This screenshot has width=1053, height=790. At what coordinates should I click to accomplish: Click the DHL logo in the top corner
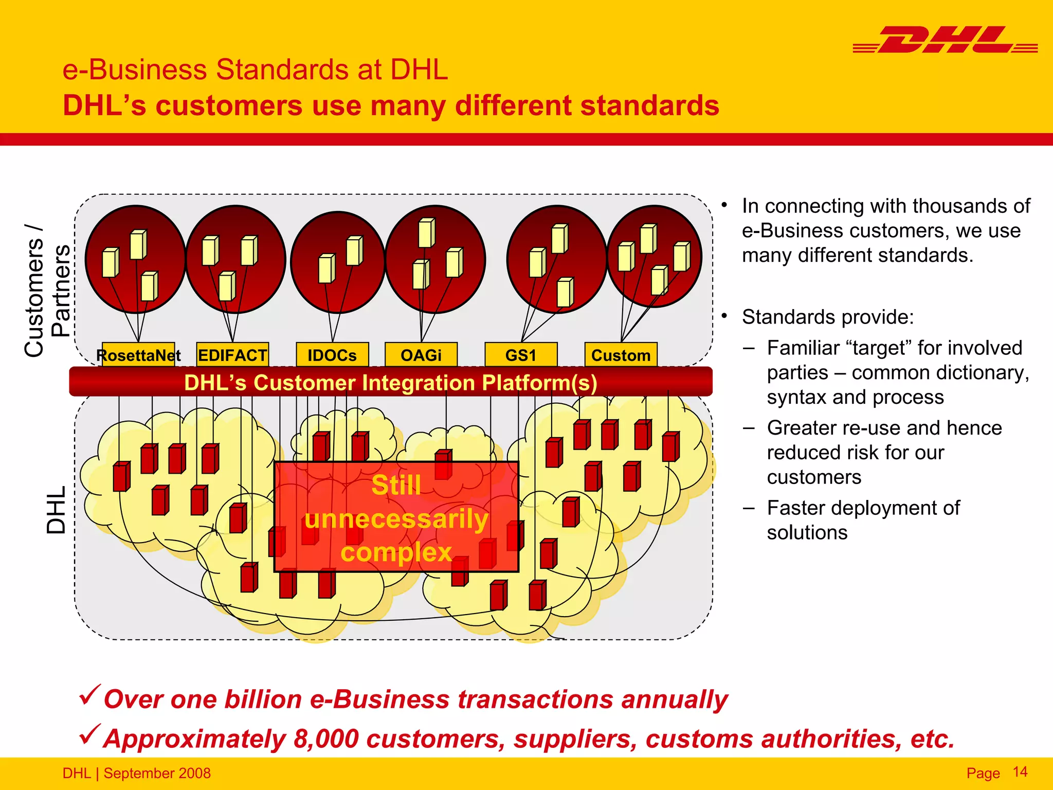pyautogui.click(x=945, y=40)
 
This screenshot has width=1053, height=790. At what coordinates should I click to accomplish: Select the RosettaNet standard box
pyautogui.click(x=138, y=355)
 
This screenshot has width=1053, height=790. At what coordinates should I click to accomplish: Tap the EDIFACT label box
pyautogui.click(x=232, y=355)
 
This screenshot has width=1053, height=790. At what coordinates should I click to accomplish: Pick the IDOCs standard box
pyautogui.click(x=332, y=355)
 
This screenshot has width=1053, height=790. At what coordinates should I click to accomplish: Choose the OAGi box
pyautogui.click(x=421, y=355)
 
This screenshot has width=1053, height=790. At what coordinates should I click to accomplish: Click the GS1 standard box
pyautogui.click(x=521, y=355)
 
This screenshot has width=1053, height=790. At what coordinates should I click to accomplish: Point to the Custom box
pyautogui.click(x=621, y=355)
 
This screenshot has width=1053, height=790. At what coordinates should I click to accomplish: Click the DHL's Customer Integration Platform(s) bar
pyautogui.click(x=391, y=382)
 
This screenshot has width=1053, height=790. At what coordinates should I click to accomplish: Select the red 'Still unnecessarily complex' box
pyautogui.click(x=396, y=517)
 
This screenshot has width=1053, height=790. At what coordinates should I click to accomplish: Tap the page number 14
pyautogui.click(x=1020, y=771)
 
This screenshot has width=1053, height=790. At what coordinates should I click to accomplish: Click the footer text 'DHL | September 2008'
pyautogui.click(x=137, y=773)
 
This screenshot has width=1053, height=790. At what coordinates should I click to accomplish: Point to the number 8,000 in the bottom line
pyautogui.click(x=326, y=739)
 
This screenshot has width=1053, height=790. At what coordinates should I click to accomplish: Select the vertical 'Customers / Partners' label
pyautogui.click(x=47, y=291)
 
